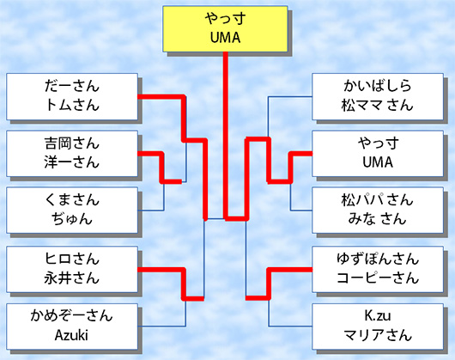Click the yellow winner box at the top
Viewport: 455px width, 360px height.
(225, 29)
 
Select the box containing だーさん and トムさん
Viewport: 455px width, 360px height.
(72, 96)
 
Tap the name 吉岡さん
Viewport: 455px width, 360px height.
(72, 143)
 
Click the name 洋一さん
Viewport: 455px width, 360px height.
(72, 162)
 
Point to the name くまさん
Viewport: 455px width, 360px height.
(72, 200)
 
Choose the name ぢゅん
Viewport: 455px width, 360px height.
(72, 219)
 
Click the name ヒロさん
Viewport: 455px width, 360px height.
(72, 259)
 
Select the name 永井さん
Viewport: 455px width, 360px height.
(72, 278)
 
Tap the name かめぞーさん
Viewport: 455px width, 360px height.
(71, 316)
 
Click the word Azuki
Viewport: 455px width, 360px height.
(71, 335)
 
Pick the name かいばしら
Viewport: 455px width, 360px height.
(378, 86)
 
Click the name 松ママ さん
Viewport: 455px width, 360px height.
(377, 105)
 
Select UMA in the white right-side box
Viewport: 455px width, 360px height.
(378, 162)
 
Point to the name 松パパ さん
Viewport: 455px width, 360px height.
(377, 200)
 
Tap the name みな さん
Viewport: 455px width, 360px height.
(377, 219)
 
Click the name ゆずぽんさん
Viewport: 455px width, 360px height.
(378, 259)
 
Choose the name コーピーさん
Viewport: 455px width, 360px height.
(378, 278)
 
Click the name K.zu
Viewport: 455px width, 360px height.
(378, 316)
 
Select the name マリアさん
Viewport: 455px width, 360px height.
(378, 335)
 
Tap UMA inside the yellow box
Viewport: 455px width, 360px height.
(225, 38)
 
